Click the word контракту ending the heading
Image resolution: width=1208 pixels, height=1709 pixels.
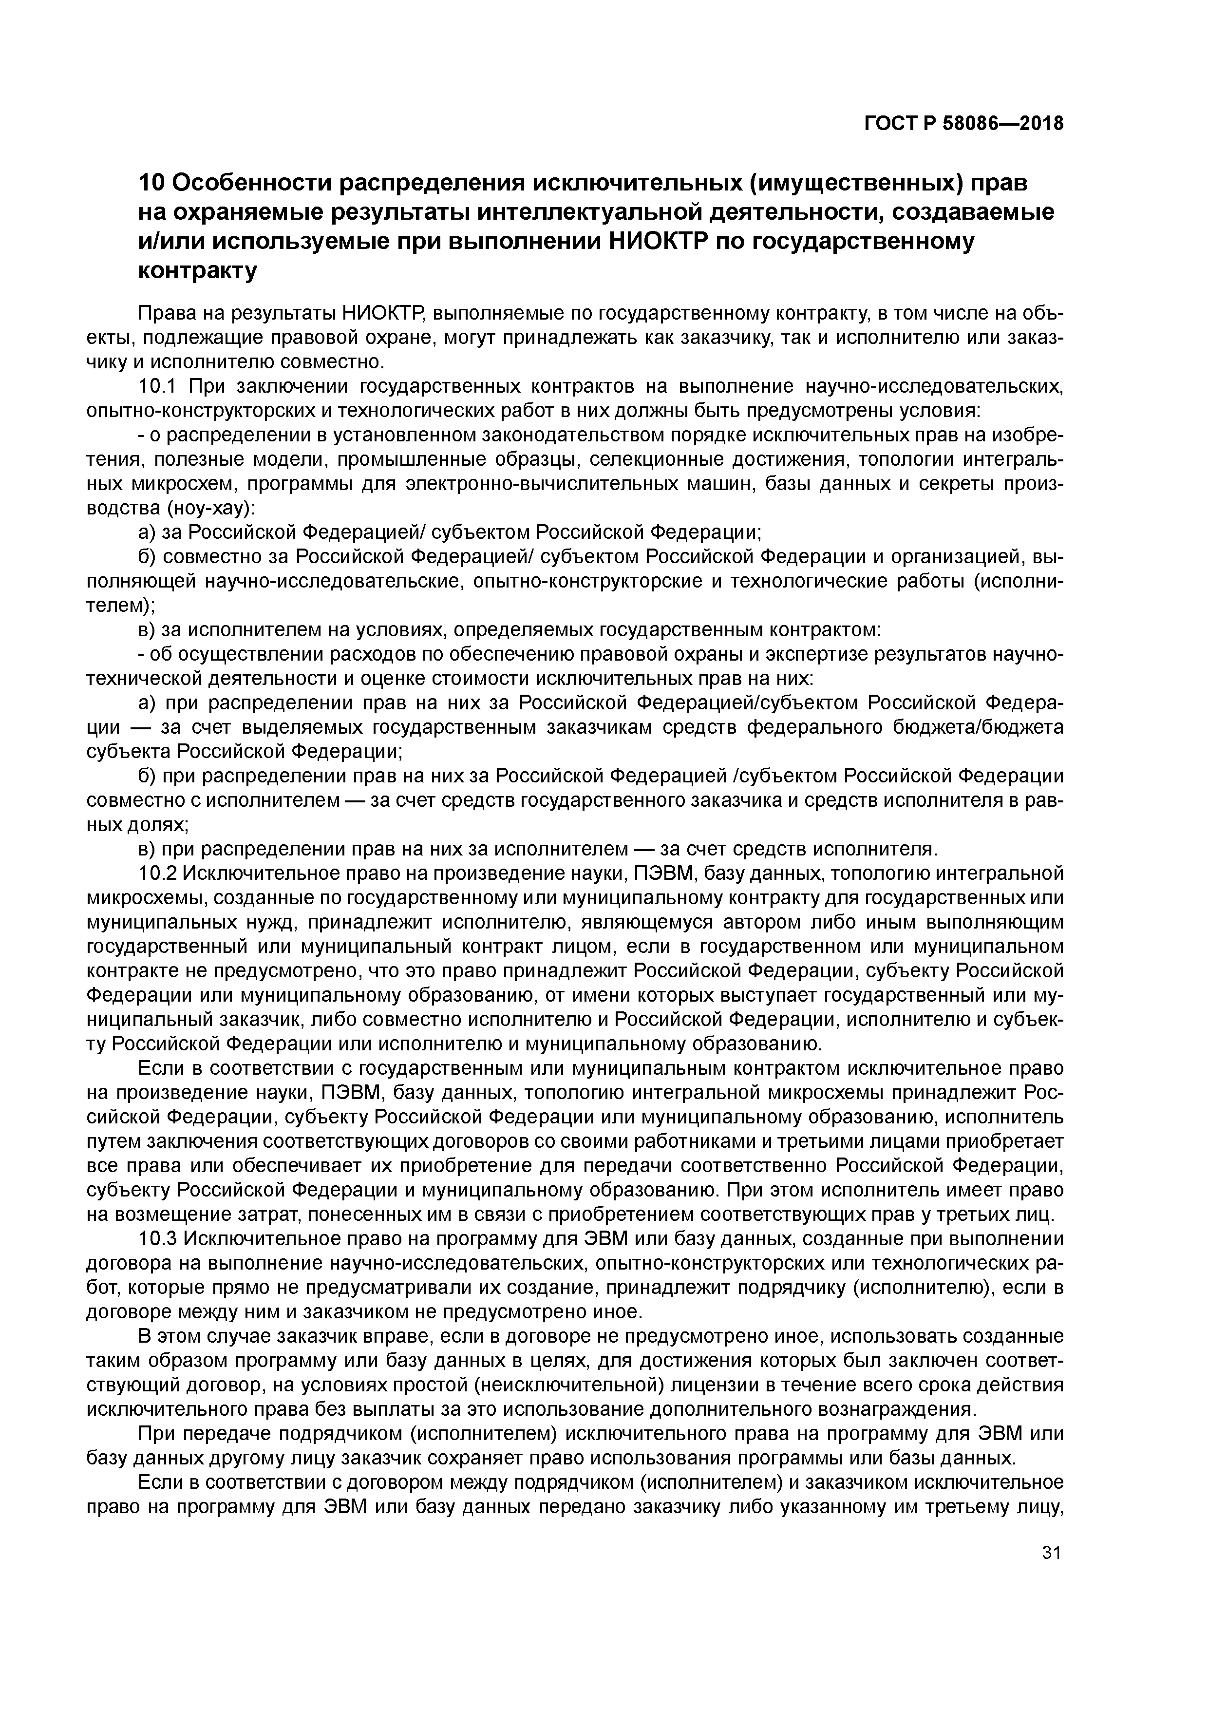tap(197, 271)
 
